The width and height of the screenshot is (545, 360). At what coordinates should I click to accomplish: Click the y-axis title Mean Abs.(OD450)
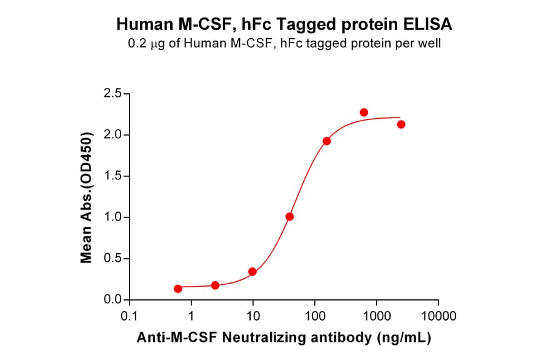tap(87, 197)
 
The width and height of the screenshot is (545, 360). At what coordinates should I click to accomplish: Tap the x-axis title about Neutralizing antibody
tap(283, 339)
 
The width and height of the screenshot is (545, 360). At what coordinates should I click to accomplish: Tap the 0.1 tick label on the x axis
tap(129, 316)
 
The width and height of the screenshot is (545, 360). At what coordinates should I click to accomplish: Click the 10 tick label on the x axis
tap(253, 316)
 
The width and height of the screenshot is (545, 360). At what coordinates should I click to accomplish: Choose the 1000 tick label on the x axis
tap(376, 316)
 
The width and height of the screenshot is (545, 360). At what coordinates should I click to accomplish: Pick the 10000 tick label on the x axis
tap(438, 316)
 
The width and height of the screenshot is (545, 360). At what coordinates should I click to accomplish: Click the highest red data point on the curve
tap(364, 112)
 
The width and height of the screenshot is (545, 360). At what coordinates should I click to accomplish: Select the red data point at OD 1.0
tap(290, 216)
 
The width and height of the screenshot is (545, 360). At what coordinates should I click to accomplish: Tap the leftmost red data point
tap(178, 288)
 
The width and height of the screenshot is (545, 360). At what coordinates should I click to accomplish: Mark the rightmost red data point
tap(401, 124)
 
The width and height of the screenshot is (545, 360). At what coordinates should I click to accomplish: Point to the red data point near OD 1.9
tap(327, 141)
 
